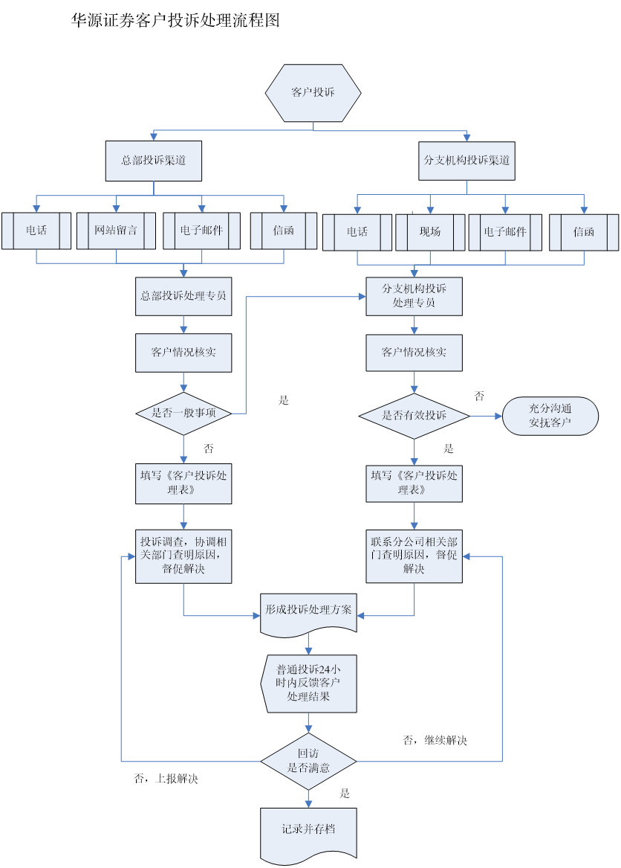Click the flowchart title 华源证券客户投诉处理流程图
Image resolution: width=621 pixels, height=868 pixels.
pyautogui.click(x=175, y=21)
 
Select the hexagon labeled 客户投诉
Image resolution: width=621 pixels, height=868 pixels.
pyautogui.click(x=313, y=93)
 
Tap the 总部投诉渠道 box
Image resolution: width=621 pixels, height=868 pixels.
pyautogui.click(x=154, y=161)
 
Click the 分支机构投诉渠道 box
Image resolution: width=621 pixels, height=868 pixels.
pyautogui.click(x=466, y=161)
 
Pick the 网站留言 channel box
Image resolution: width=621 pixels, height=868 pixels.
pyautogui.click(x=116, y=231)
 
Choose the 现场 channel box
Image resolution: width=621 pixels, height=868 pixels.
pyautogui.click(x=429, y=231)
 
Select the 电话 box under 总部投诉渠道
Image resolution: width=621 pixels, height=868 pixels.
pyautogui.click(x=36, y=231)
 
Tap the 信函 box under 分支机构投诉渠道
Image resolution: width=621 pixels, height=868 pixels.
pyautogui.click(x=584, y=231)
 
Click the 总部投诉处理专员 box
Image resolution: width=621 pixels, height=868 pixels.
pyautogui.click(x=183, y=296)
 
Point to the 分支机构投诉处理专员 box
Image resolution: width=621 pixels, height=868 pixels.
pyautogui.click(x=414, y=297)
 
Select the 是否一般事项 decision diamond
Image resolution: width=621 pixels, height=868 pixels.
pyautogui.click(x=183, y=413)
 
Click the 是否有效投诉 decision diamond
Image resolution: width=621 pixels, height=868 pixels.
pyautogui.click(x=414, y=416)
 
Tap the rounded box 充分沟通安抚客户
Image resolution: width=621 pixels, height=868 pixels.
pyautogui.click(x=550, y=417)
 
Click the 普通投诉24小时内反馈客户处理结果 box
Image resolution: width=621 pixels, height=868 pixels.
pyautogui.click(x=309, y=684)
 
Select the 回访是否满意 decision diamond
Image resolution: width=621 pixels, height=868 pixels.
pyautogui.click(x=308, y=761)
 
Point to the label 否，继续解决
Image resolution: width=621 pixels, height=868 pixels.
pyautogui.click(x=435, y=741)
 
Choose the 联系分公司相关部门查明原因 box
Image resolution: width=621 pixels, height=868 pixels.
pyautogui.click(x=414, y=555)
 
